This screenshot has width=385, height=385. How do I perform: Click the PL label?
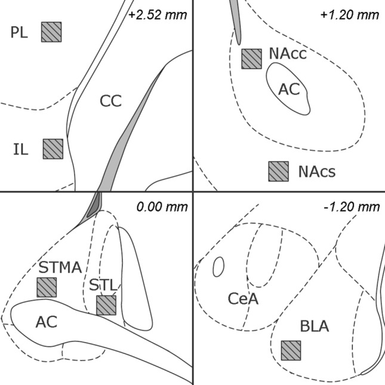(19, 32)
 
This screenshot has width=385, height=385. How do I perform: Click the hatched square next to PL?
(51, 32)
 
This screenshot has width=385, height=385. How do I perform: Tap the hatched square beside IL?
(53, 149)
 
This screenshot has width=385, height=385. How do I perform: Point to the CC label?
(110, 101)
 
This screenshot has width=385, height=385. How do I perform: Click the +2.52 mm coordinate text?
(158, 14)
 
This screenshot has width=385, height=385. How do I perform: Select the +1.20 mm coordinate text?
(350, 14)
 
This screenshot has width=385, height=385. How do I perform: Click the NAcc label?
(288, 54)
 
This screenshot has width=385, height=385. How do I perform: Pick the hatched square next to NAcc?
(251, 58)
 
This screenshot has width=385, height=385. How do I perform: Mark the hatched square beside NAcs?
(278, 171)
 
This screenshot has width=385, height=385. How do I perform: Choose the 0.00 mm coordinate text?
(162, 207)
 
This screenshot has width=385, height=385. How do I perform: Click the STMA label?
(60, 267)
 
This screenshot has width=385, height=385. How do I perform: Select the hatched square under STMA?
(47, 287)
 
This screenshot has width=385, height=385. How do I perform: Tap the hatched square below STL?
(106, 305)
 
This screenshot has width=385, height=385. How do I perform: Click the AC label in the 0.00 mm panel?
(46, 322)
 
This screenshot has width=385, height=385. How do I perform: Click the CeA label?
(243, 298)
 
